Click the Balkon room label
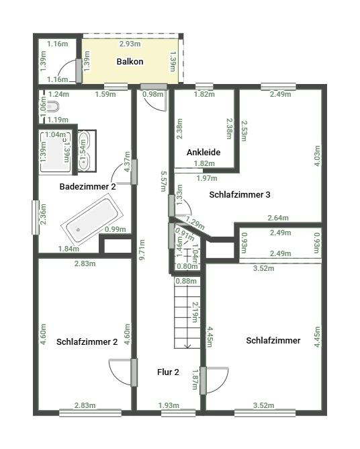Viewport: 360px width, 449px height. point(130,62)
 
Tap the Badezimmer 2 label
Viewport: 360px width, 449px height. point(87,187)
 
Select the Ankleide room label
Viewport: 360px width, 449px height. point(204,153)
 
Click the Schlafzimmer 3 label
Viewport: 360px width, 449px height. point(240,195)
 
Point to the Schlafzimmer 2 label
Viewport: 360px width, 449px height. point(87,341)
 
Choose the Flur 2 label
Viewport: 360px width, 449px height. point(168,372)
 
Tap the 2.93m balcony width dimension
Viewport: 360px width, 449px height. point(130,44)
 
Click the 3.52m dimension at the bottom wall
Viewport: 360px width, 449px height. point(263,405)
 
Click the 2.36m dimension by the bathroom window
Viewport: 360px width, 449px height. point(44,218)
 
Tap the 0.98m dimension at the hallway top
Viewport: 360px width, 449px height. point(152,94)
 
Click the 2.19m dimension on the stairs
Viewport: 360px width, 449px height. point(195,313)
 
